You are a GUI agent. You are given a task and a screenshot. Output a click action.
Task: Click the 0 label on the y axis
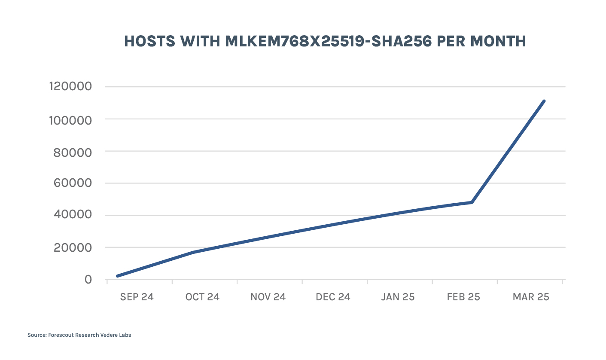(x=88, y=280)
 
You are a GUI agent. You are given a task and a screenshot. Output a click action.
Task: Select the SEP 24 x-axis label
(x=137, y=297)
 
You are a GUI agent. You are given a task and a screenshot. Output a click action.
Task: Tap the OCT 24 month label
(x=202, y=297)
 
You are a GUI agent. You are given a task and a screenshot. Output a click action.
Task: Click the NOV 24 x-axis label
(x=268, y=297)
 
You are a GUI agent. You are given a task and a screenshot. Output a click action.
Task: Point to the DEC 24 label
(x=333, y=297)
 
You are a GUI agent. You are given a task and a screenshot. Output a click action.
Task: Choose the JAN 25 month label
(x=398, y=297)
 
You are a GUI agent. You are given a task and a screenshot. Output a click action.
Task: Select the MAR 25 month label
(x=531, y=297)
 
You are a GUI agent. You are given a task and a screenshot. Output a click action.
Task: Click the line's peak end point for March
(x=544, y=101)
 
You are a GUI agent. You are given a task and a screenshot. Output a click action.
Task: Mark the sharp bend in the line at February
(x=472, y=202)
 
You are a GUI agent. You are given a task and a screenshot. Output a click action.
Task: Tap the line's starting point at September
(x=117, y=276)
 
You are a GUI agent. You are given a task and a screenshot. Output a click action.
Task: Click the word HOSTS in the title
(x=149, y=41)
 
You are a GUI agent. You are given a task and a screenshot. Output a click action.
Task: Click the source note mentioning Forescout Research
(x=79, y=335)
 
